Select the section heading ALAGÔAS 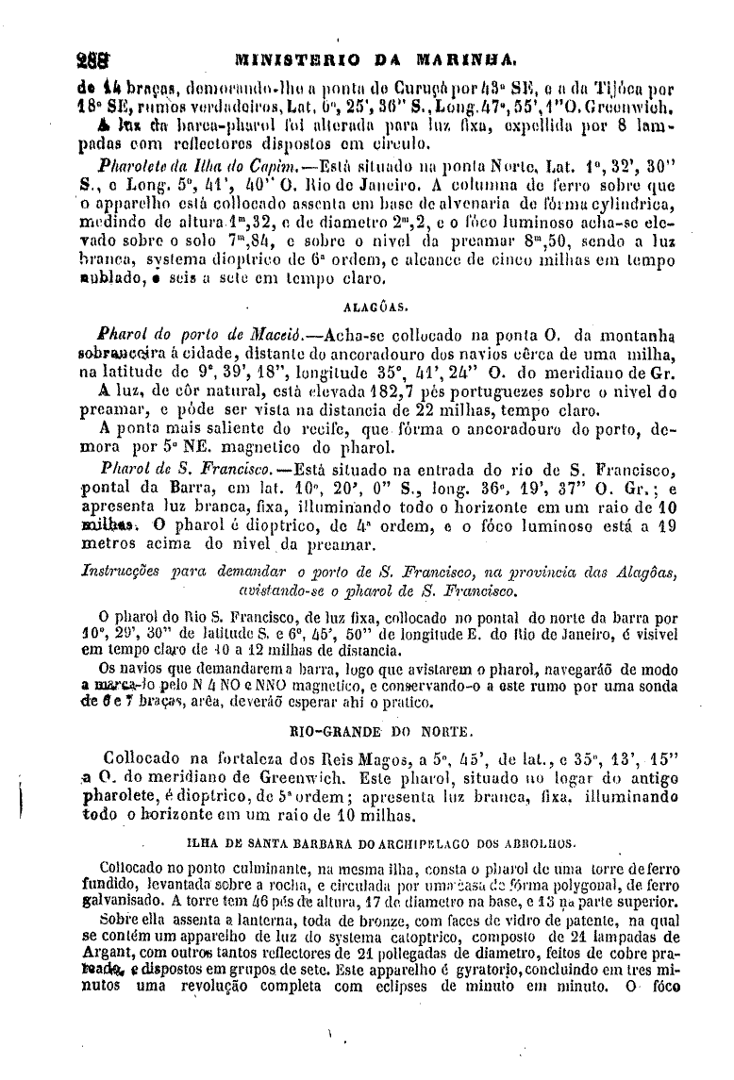tap(369, 306)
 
